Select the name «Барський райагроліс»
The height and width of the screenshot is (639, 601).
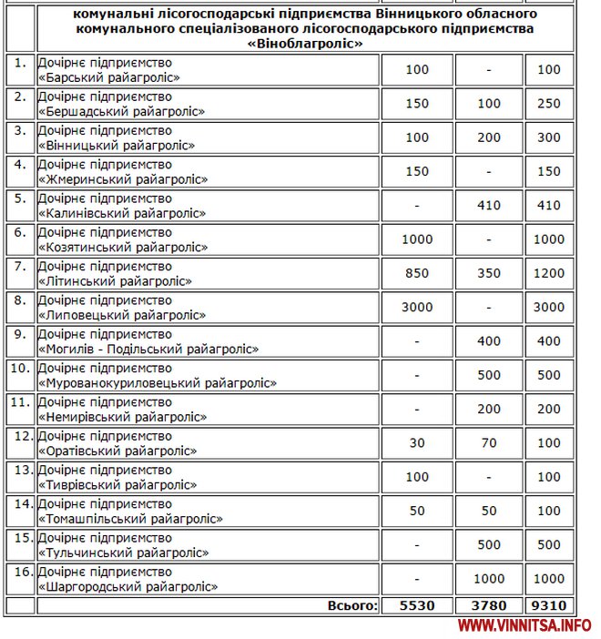pyautogui.click(x=109, y=78)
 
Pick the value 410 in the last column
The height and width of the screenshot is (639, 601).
pyautogui.click(x=549, y=205)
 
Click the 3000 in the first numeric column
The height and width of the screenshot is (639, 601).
pyautogui.click(x=417, y=307)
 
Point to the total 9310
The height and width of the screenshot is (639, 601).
pyautogui.click(x=549, y=604)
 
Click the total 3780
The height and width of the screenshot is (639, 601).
pyautogui.click(x=489, y=604)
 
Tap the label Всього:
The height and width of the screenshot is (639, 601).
pyautogui.click(x=351, y=604)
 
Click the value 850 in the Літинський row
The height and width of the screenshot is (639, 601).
pyautogui.click(x=417, y=273)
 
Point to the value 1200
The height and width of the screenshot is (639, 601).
pyautogui.click(x=549, y=273)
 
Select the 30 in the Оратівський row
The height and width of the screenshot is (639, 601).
pyautogui.click(x=417, y=442)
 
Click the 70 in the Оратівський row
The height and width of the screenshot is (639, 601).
pyautogui.click(x=489, y=442)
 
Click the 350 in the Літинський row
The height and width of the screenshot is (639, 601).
pyautogui.click(x=489, y=273)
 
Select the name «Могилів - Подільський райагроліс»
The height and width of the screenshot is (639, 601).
pyautogui.click(x=148, y=350)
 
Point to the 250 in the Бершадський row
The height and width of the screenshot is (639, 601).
pyautogui.click(x=549, y=103)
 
